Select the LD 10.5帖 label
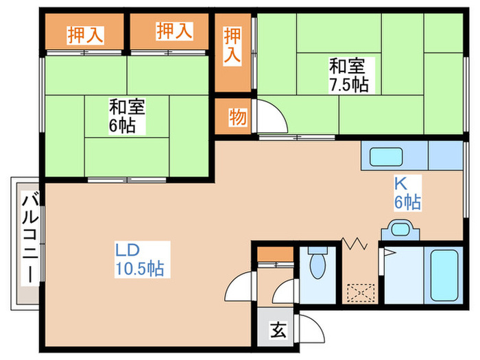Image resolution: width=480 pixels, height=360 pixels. click(x=139, y=259)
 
